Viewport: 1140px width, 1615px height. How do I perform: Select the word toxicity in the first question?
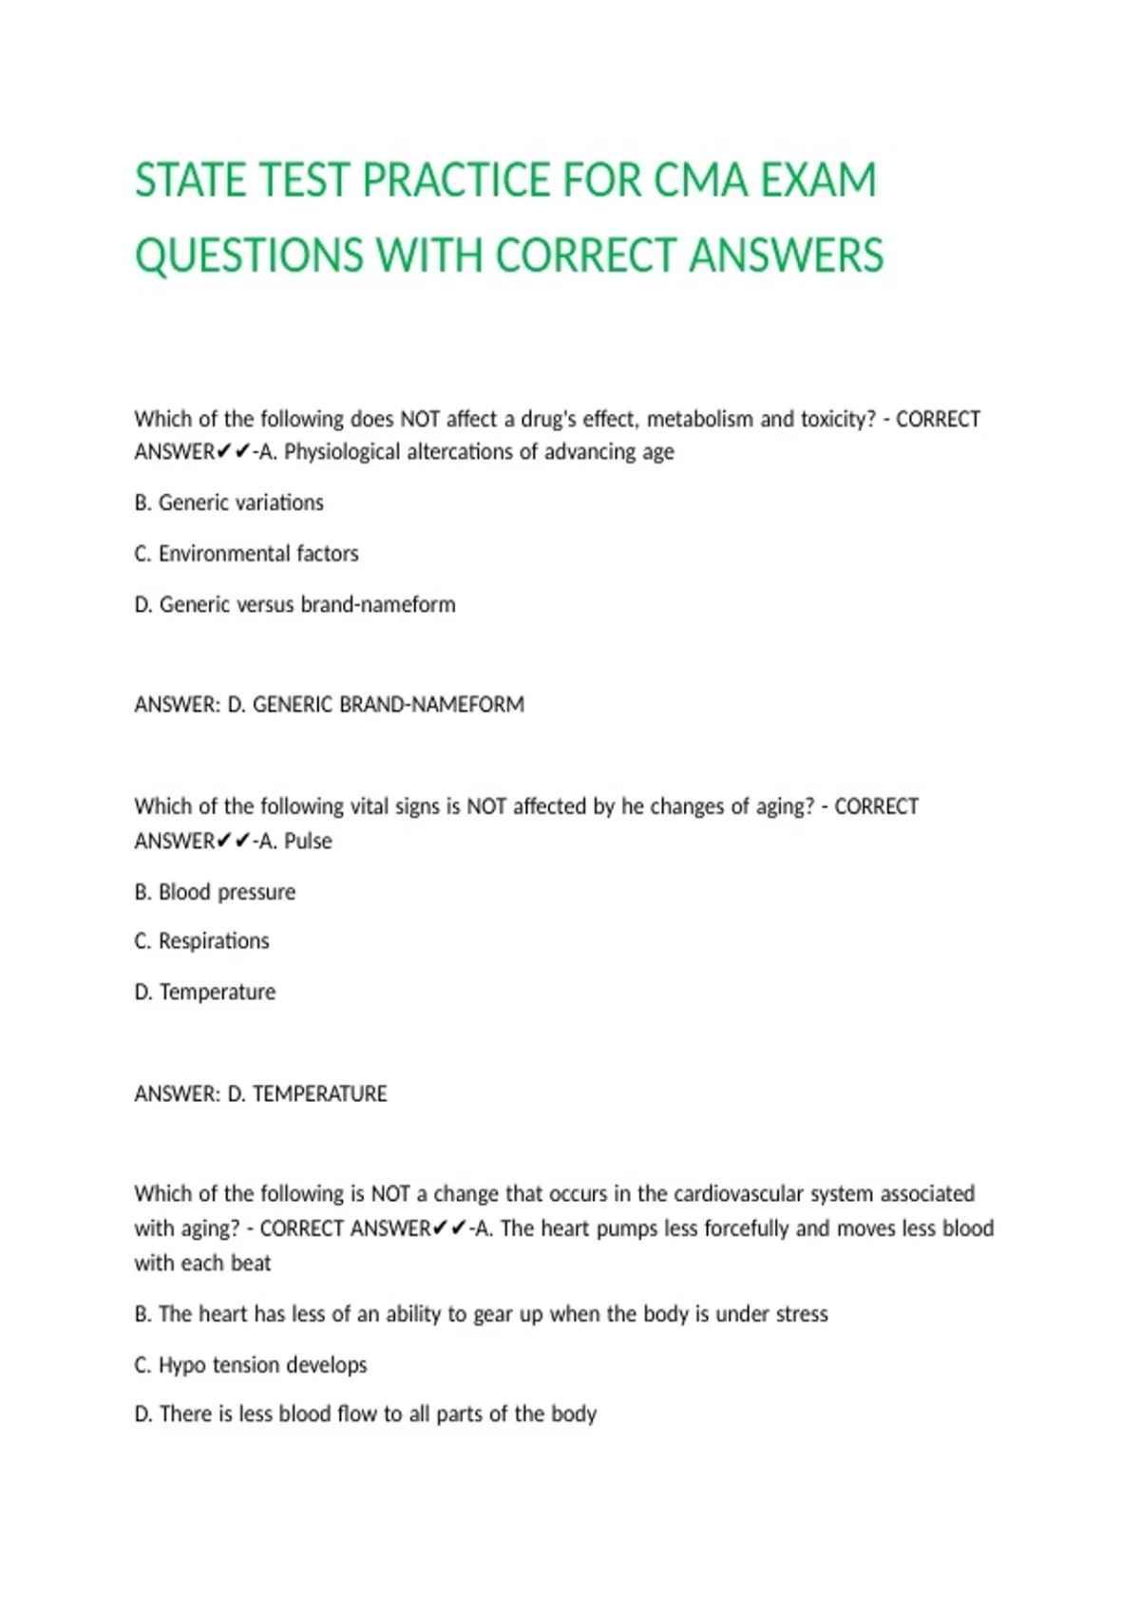(x=833, y=419)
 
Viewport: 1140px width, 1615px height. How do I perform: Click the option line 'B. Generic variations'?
(x=229, y=503)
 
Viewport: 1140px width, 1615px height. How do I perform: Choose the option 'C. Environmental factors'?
(x=246, y=554)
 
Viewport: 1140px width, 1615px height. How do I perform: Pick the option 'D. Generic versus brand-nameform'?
(x=294, y=605)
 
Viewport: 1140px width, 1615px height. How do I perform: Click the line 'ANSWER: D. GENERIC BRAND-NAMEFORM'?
(x=329, y=705)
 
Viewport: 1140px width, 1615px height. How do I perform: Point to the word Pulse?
(x=308, y=841)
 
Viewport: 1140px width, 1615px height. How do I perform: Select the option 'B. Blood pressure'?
(x=215, y=892)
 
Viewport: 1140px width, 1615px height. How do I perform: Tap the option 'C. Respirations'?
(x=201, y=941)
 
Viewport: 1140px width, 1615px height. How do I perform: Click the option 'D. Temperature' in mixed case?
(x=204, y=992)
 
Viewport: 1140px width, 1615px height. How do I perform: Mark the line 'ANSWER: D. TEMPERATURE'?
(x=260, y=1094)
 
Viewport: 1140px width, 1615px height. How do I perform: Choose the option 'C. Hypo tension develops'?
(x=250, y=1365)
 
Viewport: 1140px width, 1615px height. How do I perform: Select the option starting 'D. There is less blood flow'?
(x=365, y=1415)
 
